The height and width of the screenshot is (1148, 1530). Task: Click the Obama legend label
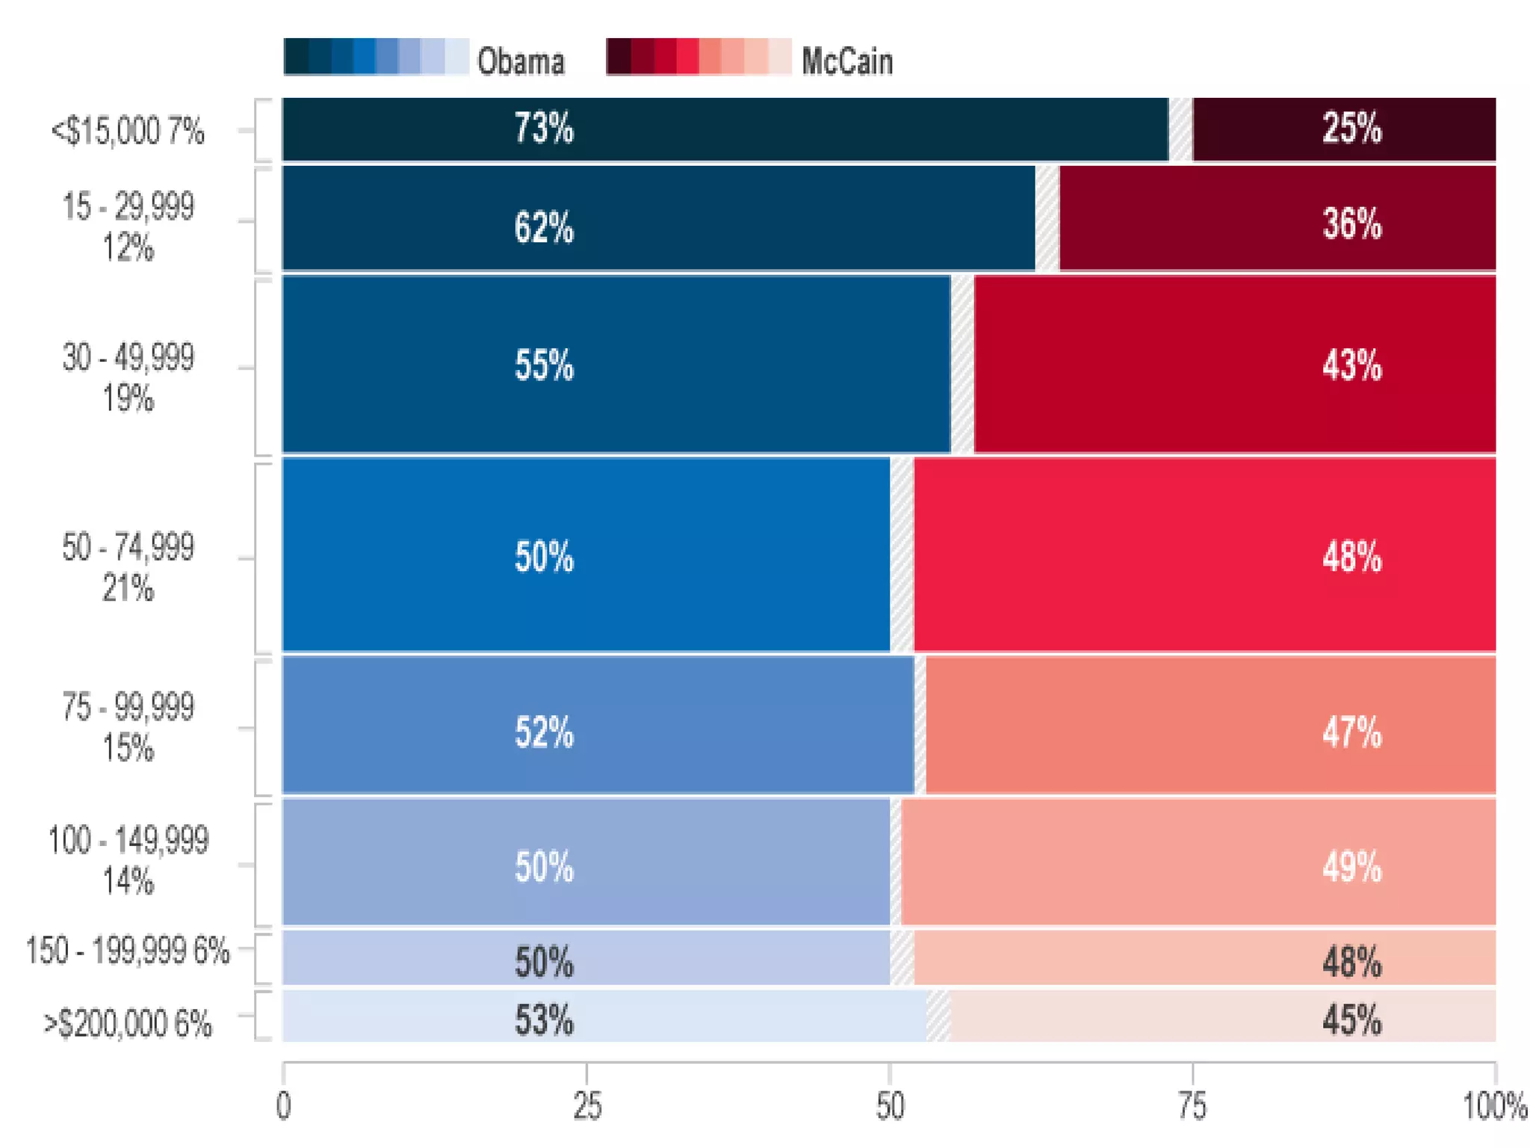point(520,61)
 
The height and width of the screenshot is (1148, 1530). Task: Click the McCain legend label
point(846,61)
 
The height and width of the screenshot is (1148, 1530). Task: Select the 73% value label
point(544,128)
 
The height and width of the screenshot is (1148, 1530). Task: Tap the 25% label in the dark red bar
point(1351,128)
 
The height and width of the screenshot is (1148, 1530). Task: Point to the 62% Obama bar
point(657,217)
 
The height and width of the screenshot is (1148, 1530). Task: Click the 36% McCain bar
point(1277,217)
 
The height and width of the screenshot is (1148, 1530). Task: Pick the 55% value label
point(544,365)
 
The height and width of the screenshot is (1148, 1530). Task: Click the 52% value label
point(544,732)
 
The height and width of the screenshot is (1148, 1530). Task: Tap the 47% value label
point(1351,732)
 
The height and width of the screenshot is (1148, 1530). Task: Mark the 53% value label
point(544,1020)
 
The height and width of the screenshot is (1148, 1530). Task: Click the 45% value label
point(1351,1020)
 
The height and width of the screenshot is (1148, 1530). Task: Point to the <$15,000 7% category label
point(128,132)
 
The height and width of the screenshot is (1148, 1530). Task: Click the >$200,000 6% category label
point(128,1023)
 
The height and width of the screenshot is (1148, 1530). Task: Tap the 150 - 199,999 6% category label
point(128,951)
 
